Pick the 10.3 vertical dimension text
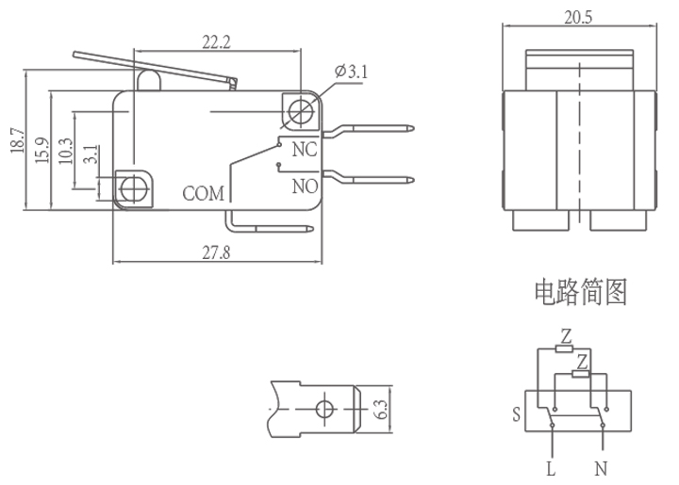[x=65, y=151]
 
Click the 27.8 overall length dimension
[x=217, y=251]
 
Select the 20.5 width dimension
[x=577, y=17]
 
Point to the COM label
[x=204, y=194]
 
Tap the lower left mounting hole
[x=133, y=186]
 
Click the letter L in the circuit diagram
[x=551, y=467]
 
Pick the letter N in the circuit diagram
[x=600, y=467]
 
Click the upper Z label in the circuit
[x=566, y=335]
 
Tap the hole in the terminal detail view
[x=325, y=409]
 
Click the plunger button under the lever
[x=150, y=80]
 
